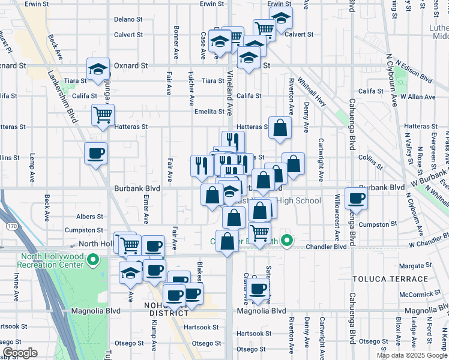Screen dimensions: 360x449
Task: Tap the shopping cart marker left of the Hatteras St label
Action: click(103, 113)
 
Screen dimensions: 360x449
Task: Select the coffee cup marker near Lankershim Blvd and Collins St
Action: click(95, 154)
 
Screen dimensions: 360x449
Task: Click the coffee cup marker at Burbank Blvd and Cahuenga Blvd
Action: click(357, 199)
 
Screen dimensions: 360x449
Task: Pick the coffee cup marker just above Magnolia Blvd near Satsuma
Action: click(258, 289)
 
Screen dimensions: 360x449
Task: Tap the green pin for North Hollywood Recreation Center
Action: click(93, 260)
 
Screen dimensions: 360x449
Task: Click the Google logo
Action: click(20, 352)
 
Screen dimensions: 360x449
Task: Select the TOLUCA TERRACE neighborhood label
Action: click(399, 279)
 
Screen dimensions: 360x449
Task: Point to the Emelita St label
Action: click(209, 112)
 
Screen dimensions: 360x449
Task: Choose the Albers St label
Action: click(90, 217)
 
